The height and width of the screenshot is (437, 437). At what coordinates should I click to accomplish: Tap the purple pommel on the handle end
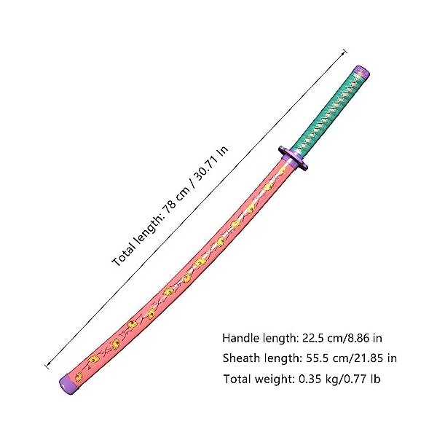(x=361, y=72)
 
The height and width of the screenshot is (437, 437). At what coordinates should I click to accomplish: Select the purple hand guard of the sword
(x=293, y=158)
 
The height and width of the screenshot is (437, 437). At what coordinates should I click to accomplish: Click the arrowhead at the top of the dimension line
(x=344, y=52)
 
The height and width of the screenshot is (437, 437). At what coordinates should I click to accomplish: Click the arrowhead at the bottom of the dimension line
(x=48, y=363)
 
